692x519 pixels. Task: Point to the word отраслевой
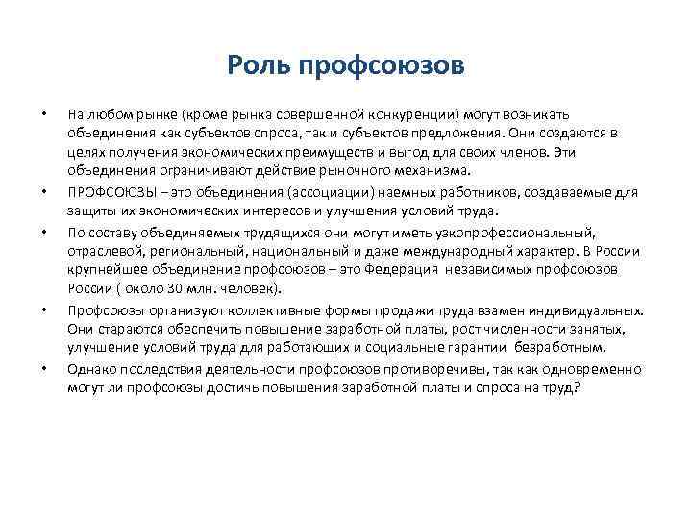(x=102, y=251)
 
